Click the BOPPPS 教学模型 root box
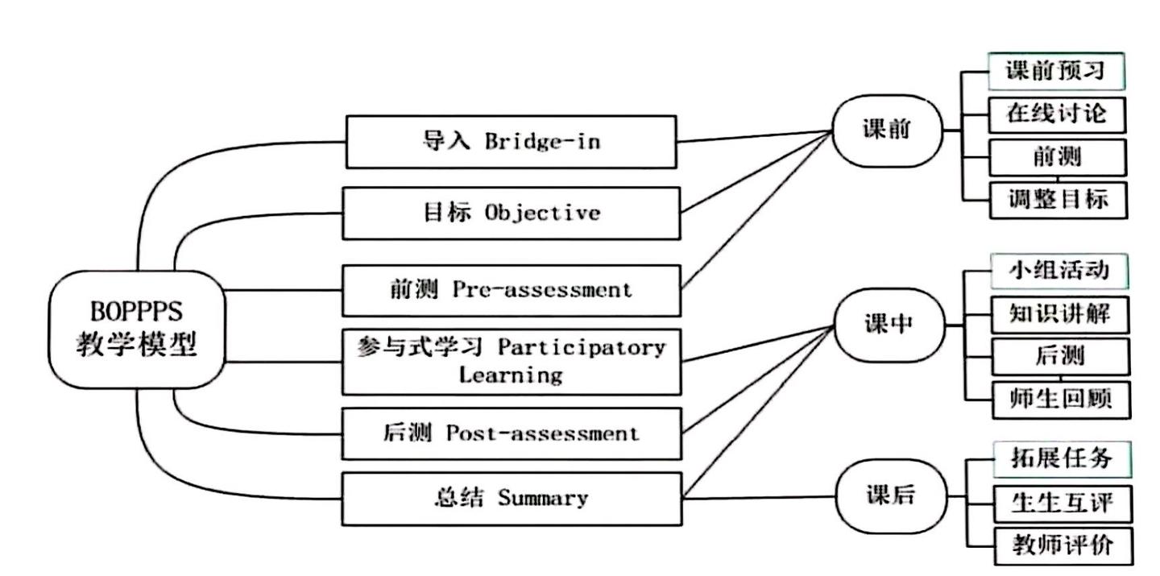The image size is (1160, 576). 137,331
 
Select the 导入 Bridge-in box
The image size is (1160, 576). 511,141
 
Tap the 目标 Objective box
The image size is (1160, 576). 511,213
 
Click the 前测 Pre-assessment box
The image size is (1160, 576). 511,290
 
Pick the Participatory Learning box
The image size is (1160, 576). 511,361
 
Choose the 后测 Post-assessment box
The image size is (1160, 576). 511,433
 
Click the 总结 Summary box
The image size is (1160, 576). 511,498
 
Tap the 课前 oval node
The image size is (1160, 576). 886,131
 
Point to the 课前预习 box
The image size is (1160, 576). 1056,71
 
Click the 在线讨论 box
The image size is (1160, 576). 1056,114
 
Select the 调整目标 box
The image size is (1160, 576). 1058,199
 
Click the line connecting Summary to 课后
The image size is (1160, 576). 757,497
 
